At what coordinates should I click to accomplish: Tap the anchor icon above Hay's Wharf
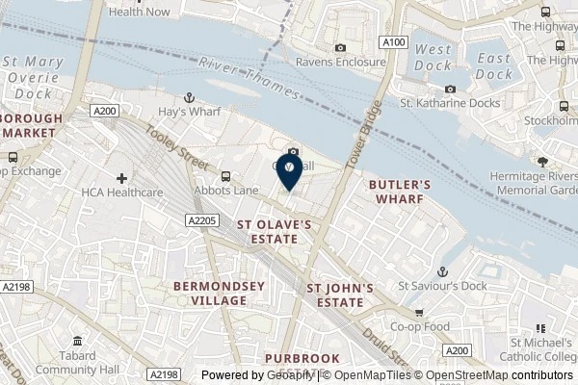click(x=190, y=97)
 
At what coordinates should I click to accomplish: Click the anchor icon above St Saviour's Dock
click(x=443, y=272)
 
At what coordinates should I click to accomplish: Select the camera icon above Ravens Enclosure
click(x=340, y=48)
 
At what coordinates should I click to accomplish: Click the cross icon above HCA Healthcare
click(x=121, y=177)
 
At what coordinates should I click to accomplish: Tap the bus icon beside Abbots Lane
click(x=225, y=176)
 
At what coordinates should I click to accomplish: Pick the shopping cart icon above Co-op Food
click(x=419, y=313)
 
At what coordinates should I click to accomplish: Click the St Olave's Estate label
click(x=275, y=232)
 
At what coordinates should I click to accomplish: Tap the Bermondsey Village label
click(x=209, y=293)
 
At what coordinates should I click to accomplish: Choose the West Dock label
click(x=433, y=57)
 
